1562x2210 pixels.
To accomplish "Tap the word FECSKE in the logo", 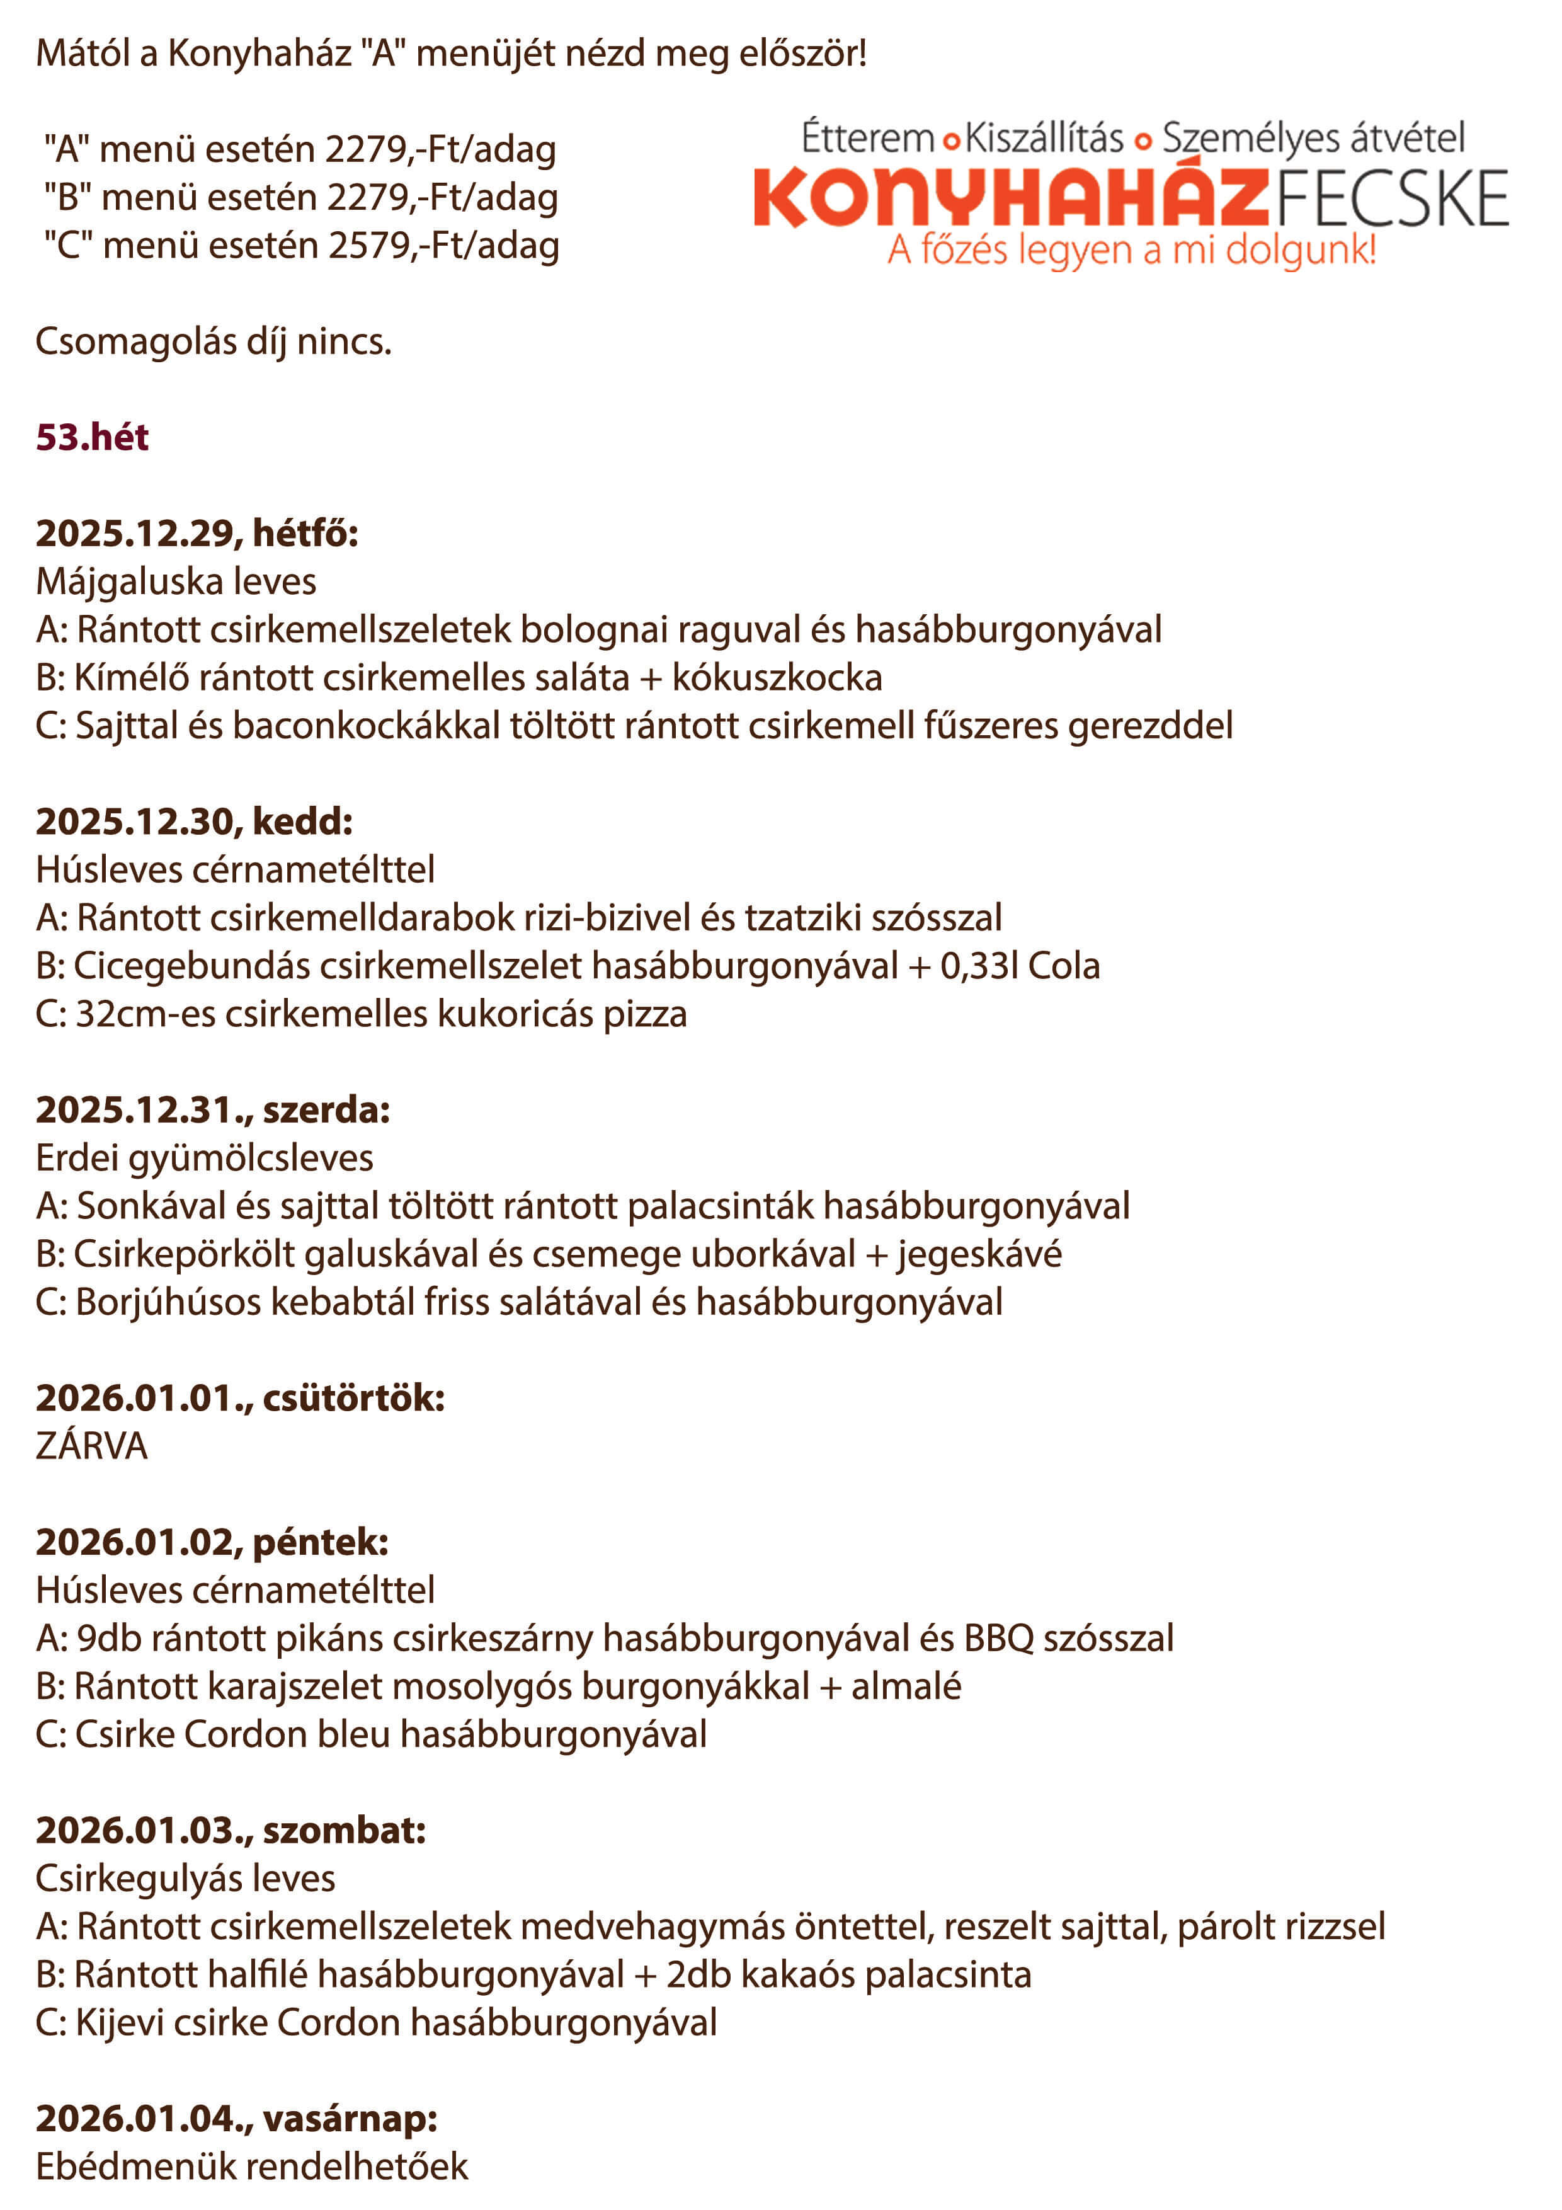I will [1392, 199].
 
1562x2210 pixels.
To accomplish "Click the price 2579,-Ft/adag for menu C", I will [443, 246].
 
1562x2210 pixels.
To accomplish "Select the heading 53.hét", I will [93, 438].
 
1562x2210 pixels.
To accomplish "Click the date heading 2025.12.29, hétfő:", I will [197, 533].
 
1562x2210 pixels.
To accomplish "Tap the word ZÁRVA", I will [91, 1446].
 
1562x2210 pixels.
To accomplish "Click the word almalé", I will [906, 1687].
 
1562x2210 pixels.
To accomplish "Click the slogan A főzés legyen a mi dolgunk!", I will [1132, 250].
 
